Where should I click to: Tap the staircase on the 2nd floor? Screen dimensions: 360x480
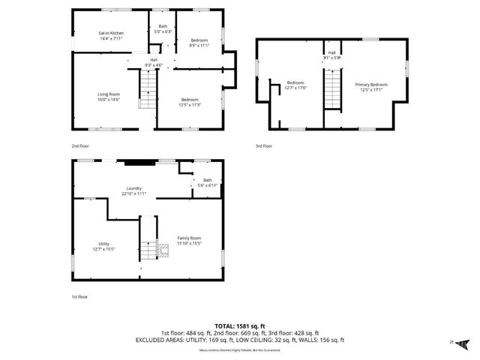(x=151, y=89)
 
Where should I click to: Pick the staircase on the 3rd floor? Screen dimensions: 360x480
(x=331, y=88)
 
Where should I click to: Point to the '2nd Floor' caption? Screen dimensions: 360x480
(x=79, y=145)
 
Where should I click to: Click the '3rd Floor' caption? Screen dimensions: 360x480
(x=263, y=146)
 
